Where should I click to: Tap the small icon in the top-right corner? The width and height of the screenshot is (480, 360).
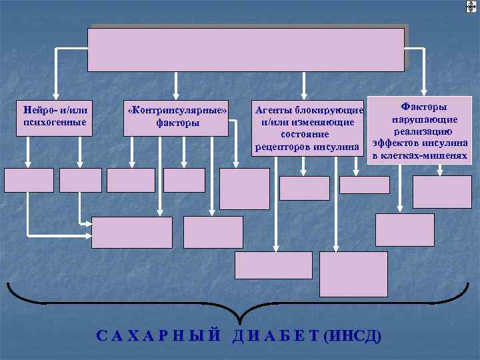[x=471, y=6]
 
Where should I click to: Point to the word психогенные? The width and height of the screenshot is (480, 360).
[x=55, y=122]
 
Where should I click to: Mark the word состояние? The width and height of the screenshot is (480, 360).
[x=308, y=134]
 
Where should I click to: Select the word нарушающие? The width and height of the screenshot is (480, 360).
[x=424, y=119]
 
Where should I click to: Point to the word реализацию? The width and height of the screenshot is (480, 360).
[x=423, y=131]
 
